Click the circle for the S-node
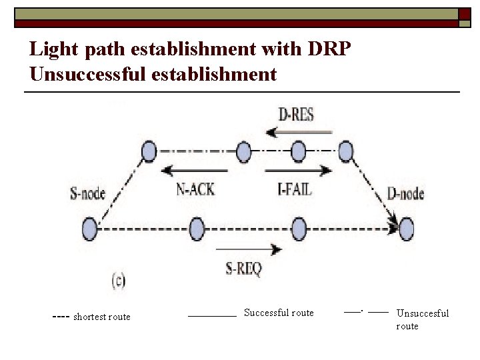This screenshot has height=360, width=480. tap(89, 230)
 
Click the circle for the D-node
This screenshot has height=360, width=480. tap(406, 229)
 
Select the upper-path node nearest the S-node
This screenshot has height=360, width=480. tap(149, 152)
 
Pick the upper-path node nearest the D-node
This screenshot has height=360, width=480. tap(345, 151)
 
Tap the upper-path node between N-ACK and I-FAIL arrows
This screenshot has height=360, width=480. tap(298, 152)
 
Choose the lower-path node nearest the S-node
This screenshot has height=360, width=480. tap(196, 230)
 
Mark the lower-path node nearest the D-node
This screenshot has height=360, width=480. tap(299, 230)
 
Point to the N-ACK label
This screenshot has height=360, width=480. tap(195, 189)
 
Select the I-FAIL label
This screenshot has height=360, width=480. tap(294, 189)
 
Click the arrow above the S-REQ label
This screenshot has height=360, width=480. tap(249, 250)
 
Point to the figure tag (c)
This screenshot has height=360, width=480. tap(117, 281)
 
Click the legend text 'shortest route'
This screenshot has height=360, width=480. tap(101, 317)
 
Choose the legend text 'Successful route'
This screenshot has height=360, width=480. tap(279, 313)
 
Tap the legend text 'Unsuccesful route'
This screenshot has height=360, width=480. tap(423, 319)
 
